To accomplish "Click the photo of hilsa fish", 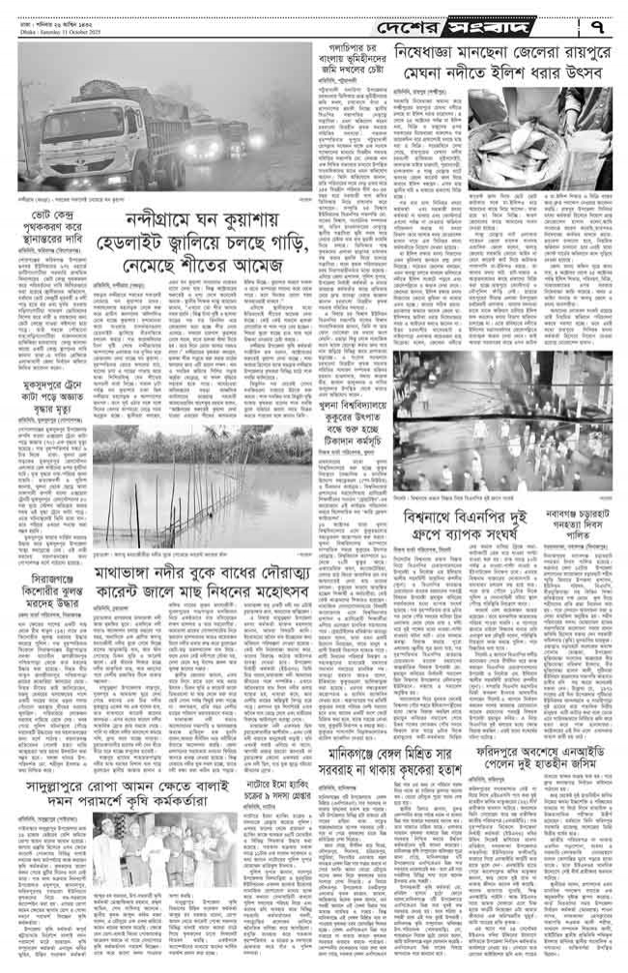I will click(x=543, y=131).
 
